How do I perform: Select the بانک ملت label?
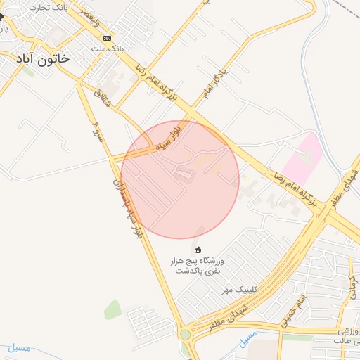pyautogui.click(x=108, y=49)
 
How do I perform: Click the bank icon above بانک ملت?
pyautogui.click(x=107, y=38)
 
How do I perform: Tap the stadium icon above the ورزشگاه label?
pyautogui.click(x=198, y=249)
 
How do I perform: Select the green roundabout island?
pyautogui.click(x=186, y=335)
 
